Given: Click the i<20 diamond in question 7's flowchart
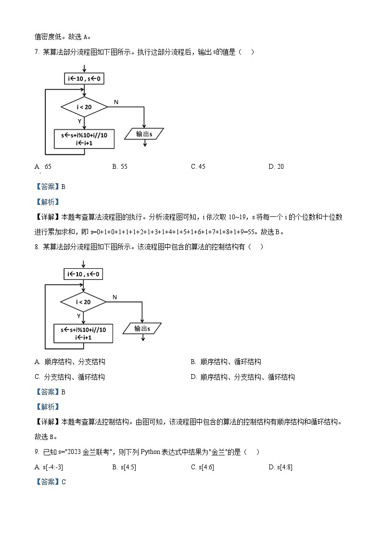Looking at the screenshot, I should coord(84,107).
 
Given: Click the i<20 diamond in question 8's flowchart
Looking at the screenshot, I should coord(83,302).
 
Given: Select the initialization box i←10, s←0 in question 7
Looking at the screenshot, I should coord(84,78).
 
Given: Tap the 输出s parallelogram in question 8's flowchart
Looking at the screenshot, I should coord(142,328).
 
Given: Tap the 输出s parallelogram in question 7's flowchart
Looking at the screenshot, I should coord(144,134).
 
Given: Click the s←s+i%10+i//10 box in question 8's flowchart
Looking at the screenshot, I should coord(83,333).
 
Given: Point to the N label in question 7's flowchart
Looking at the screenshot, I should coord(116,102).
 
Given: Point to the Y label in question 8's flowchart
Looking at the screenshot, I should coord(78,316).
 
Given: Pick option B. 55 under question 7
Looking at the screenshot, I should coord(120,167).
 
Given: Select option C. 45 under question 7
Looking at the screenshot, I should coord(198,167).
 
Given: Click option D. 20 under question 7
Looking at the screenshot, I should coord(276,167).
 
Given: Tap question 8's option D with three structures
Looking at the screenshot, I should coord(242,377).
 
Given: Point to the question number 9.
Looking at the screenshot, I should coord(37,452).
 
